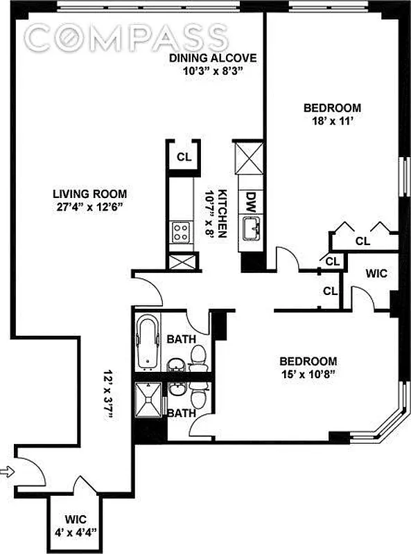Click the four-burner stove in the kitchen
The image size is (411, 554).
click(x=181, y=232)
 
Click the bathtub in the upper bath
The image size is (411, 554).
click(x=147, y=341)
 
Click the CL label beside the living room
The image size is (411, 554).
click(x=183, y=157)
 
